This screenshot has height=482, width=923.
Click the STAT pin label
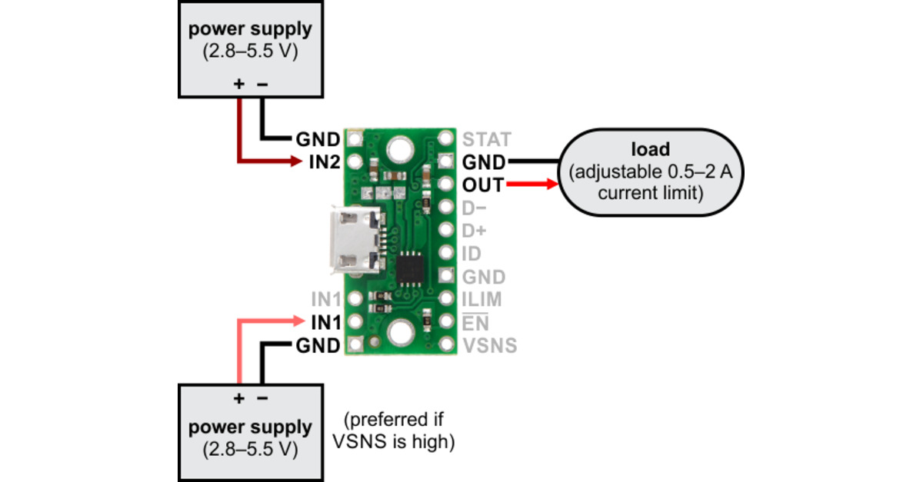pyautogui.click(x=486, y=140)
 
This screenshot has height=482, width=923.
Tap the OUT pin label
pyautogui.click(x=483, y=185)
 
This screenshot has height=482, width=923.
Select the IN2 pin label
pyautogui.click(x=324, y=162)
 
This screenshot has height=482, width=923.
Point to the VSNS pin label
pyautogui.click(x=490, y=346)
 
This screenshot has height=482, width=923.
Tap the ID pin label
pyautogui.click(x=471, y=254)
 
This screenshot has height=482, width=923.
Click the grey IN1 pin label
pyautogui.click(x=325, y=299)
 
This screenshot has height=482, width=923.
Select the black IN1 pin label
pyautogui.click(x=325, y=322)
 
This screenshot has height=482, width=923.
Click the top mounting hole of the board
pyautogui.click(x=400, y=148)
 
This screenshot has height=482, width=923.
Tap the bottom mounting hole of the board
pyautogui.click(x=400, y=333)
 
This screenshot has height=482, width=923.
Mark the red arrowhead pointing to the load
pyautogui.click(x=550, y=184)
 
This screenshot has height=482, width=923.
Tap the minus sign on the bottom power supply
pyautogui.click(x=262, y=398)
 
